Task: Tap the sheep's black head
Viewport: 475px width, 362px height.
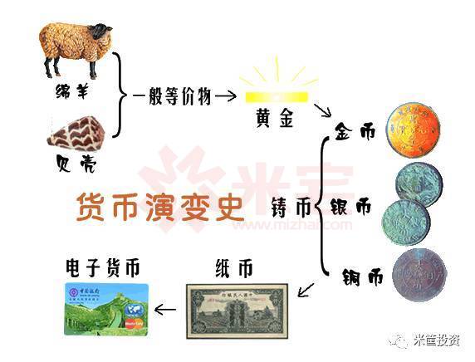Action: coord(101,33)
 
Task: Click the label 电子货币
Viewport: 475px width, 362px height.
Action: coord(103,267)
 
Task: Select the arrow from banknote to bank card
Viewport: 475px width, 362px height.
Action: coord(166,310)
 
